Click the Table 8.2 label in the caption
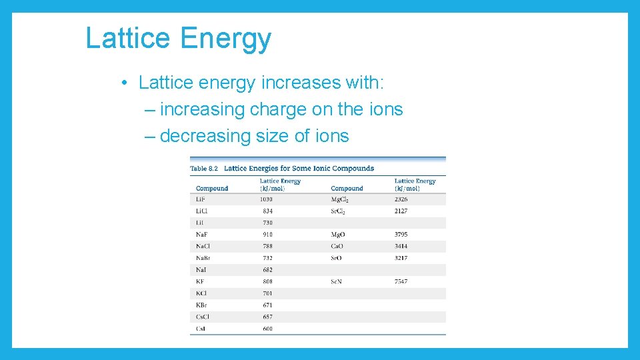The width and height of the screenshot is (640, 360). (x=204, y=169)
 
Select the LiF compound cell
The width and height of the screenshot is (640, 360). (x=200, y=199)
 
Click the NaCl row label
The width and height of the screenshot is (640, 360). (x=203, y=246)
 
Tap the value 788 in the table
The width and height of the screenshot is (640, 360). (x=267, y=246)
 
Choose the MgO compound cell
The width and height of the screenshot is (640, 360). (x=339, y=235)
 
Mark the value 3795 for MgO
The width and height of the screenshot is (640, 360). (x=401, y=235)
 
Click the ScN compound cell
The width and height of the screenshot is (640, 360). (x=337, y=281)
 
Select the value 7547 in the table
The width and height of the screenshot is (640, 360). (x=401, y=281)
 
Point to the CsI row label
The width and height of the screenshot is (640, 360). (x=201, y=329)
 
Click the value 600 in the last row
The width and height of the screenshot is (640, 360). (x=267, y=329)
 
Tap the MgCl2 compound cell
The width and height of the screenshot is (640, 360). (x=341, y=199)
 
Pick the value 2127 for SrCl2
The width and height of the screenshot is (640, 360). (x=401, y=211)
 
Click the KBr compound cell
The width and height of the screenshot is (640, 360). (x=202, y=305)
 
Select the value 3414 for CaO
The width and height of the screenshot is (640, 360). (x=401, y=246)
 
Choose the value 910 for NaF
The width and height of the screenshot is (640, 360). (x=267, y=235)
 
